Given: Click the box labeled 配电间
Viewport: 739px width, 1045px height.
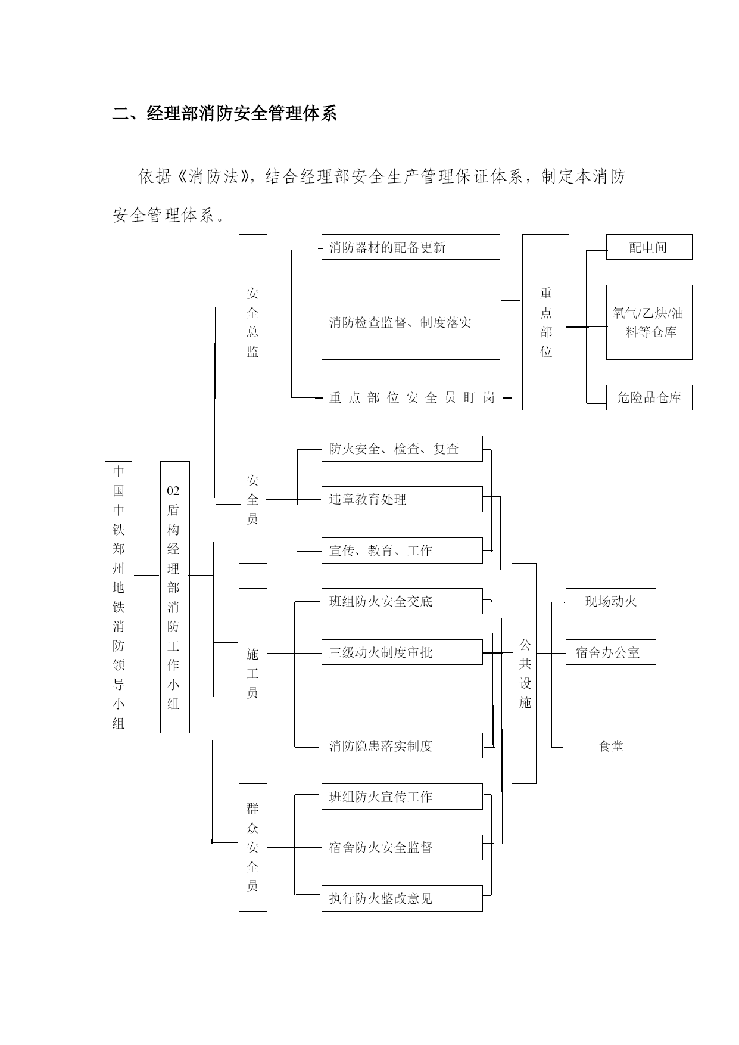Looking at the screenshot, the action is [x=649, y=247].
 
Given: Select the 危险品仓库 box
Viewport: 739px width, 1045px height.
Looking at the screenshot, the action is [x=649, y=397].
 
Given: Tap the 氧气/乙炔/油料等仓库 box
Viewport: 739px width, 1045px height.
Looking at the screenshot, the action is [x=649, y=322].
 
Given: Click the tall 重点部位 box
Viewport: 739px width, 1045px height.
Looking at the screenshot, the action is [x=545, y=322].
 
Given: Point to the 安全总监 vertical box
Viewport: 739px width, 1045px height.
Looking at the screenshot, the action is [x=253, y=322].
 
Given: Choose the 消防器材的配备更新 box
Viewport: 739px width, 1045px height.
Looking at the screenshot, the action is [x=411, y=247].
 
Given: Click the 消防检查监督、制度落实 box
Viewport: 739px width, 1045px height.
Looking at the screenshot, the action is [x=411, y=322].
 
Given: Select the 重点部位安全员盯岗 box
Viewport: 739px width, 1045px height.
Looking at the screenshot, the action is [x=411, y=397].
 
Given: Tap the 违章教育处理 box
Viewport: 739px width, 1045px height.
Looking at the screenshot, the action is [x=402, y=499].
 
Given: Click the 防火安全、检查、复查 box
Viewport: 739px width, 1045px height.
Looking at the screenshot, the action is [x=402, y=449].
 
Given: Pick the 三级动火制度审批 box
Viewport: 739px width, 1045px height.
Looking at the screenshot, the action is [x=402, y=652].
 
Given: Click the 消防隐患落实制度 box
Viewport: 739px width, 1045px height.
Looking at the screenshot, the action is [x=402, y=745].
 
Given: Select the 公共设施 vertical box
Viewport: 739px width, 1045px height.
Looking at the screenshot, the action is [x=524, y=673].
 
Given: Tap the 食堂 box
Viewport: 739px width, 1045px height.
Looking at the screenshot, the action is [x=611, y=745].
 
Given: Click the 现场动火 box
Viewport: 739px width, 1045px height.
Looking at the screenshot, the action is [x=611, y=601].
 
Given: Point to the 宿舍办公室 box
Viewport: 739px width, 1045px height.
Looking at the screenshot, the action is [x=611, y=652].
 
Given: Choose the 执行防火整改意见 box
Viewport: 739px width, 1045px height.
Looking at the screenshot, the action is [x=402, y=898].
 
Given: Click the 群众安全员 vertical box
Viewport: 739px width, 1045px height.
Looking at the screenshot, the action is [x=253, y=847].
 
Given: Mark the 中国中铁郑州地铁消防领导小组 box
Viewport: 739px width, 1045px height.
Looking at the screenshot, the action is [x=119, y=597].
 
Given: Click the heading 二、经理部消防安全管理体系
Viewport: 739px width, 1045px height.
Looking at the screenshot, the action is [x=225, y=113].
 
